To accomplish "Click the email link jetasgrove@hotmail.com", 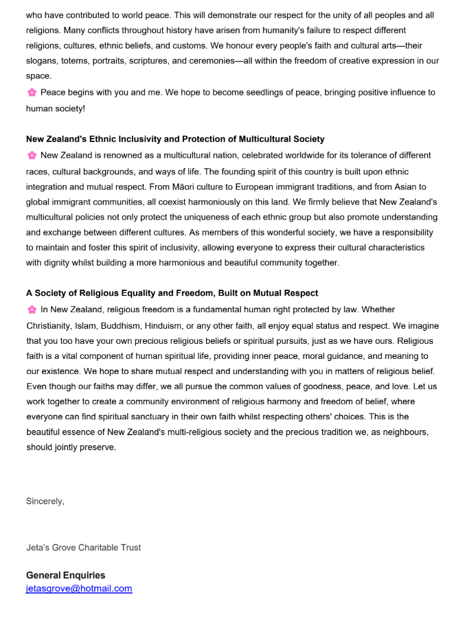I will click(79, 589).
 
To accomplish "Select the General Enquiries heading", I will click(66, 575).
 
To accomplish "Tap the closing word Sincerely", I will click(45, 501).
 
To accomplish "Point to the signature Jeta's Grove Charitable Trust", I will click(84, 548).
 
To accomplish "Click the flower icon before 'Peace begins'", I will click(32, 93).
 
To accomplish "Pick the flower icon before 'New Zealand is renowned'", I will click(32, 156).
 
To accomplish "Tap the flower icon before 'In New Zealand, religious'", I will click(32, 310).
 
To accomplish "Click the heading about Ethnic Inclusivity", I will click(175, 139).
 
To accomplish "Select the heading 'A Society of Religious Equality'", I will click(172, 294).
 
